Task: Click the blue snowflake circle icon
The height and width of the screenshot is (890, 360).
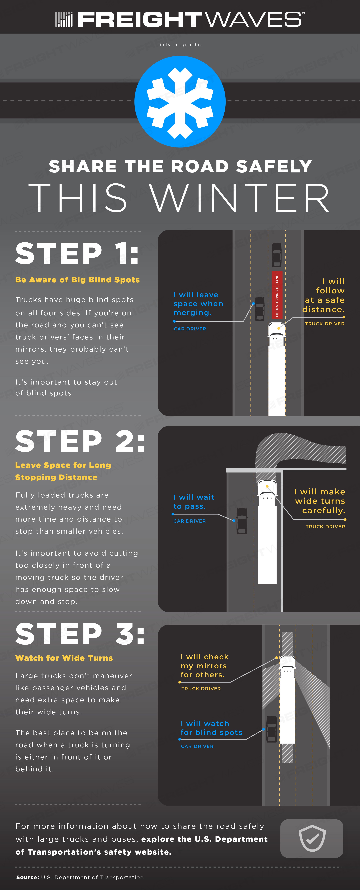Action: coord(180,102)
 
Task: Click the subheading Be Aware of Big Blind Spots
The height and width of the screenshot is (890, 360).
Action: coord(77,280)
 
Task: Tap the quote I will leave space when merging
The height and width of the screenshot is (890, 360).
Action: coord(198,304)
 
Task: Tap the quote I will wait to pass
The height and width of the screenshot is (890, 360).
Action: coord(194,502)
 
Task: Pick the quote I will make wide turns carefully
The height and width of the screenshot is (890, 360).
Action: coord(320,501)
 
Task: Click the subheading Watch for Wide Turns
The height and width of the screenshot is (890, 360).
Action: coord(64,658)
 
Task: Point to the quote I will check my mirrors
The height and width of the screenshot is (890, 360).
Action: coord(205,666)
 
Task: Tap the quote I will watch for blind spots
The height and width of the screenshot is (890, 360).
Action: coord(211,728)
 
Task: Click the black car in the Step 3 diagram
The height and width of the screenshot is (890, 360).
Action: coord(271,729)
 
